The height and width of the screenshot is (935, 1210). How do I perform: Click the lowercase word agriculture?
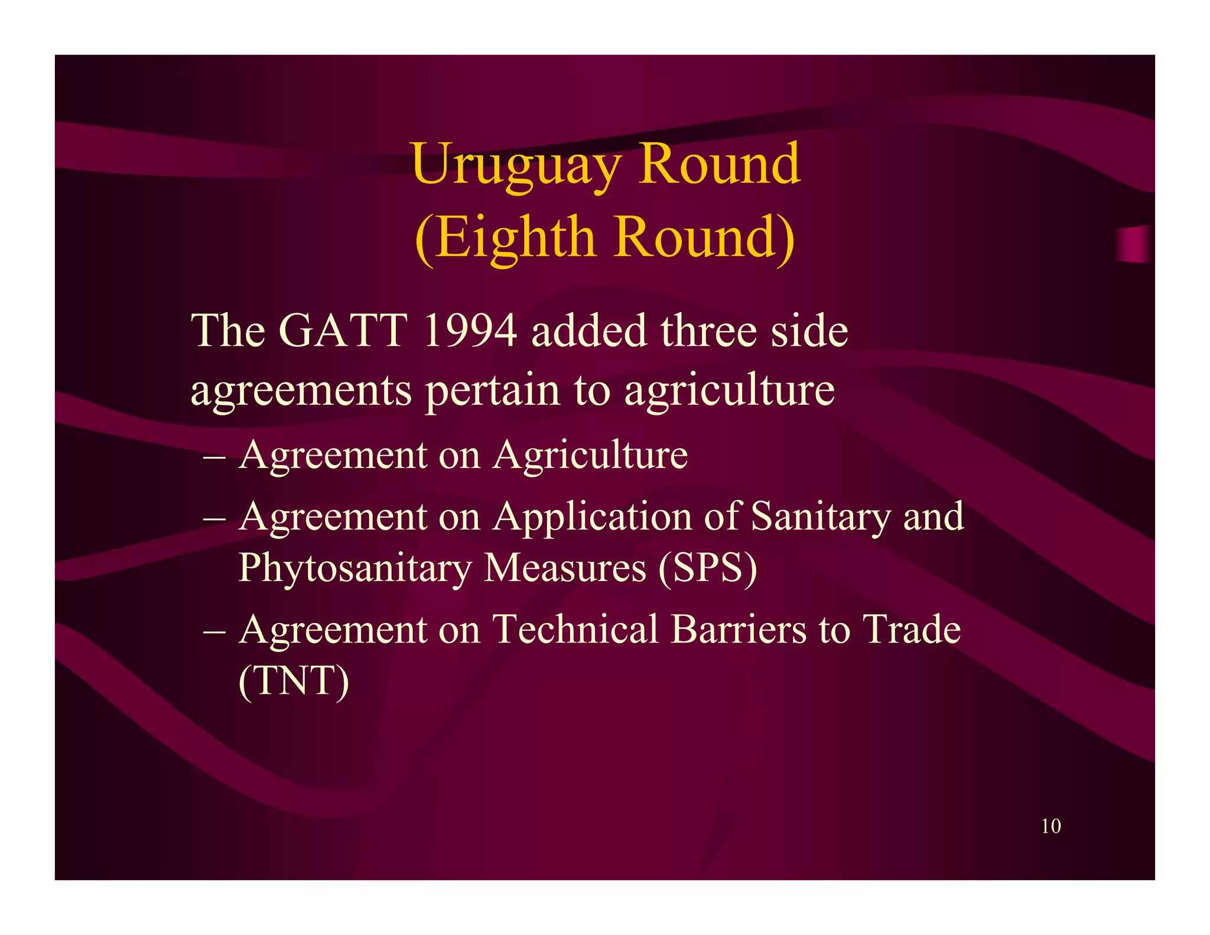729,391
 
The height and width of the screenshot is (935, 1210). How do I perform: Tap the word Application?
592,517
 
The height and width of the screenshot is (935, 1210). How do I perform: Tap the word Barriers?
739,629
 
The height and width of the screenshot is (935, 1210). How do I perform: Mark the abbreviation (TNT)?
294,681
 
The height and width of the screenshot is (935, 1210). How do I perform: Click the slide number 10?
1050,826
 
